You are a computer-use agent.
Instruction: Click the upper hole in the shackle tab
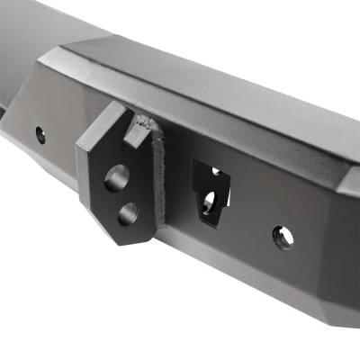click(x=116, y=177)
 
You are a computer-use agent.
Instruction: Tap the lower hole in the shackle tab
click(x=128, y=213)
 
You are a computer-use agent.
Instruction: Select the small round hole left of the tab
click(x=40, y=135)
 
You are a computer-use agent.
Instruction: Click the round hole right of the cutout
click(x=283, y=238)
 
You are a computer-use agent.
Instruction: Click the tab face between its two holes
click(x=121, y=195)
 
